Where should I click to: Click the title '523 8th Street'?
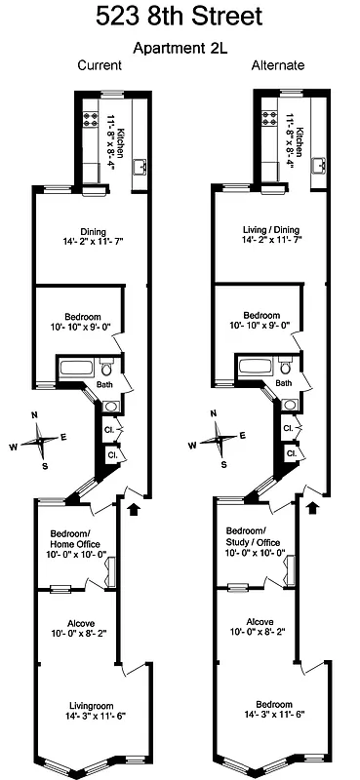tap(180, 18)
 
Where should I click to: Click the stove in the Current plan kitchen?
tap(92, 121)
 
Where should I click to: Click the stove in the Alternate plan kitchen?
tap(268, 121)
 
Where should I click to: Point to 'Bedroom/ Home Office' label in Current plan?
tap(75, 537)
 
